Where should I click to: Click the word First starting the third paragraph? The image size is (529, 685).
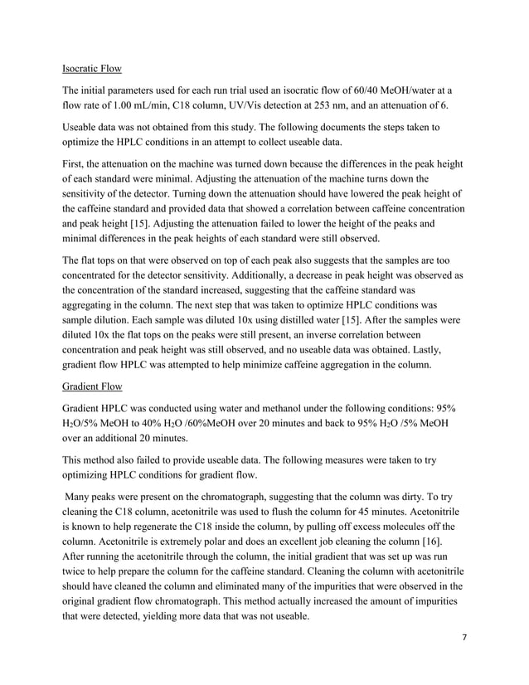point(75,159)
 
